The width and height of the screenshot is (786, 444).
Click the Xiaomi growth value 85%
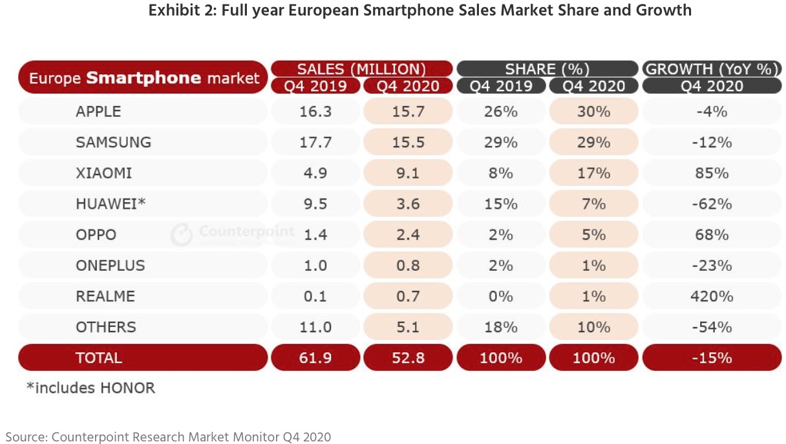coord(712,173)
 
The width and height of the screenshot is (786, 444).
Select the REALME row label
coord(105,297)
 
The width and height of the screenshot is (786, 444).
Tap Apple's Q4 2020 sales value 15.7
coord(408,112)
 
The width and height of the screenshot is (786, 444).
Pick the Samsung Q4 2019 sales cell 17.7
coord(316,142)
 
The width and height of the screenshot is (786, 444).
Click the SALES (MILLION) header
coord(361,69)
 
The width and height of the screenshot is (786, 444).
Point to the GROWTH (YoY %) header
coord(712,69)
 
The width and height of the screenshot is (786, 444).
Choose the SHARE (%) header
coord(547,69)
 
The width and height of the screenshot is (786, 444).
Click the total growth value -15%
coord(712,357)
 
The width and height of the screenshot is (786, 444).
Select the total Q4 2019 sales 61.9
coord(316,357)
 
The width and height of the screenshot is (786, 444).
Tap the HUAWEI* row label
coord(111,204)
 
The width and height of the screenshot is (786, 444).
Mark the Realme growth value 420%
coord(712,297)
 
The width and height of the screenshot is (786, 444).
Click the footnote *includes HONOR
coord(90,388)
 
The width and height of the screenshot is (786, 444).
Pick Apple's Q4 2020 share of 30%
coord(593,112)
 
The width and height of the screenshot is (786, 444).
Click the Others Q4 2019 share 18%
coord(501,327)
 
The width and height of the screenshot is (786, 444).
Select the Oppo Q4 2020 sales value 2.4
coord(408,235)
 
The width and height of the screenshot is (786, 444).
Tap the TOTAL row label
coord(99,357)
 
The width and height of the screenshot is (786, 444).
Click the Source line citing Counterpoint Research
coord(168,437)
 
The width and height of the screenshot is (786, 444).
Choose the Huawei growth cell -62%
coord(712,204)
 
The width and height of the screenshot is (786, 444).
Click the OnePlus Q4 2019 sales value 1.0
coord(316,266)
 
